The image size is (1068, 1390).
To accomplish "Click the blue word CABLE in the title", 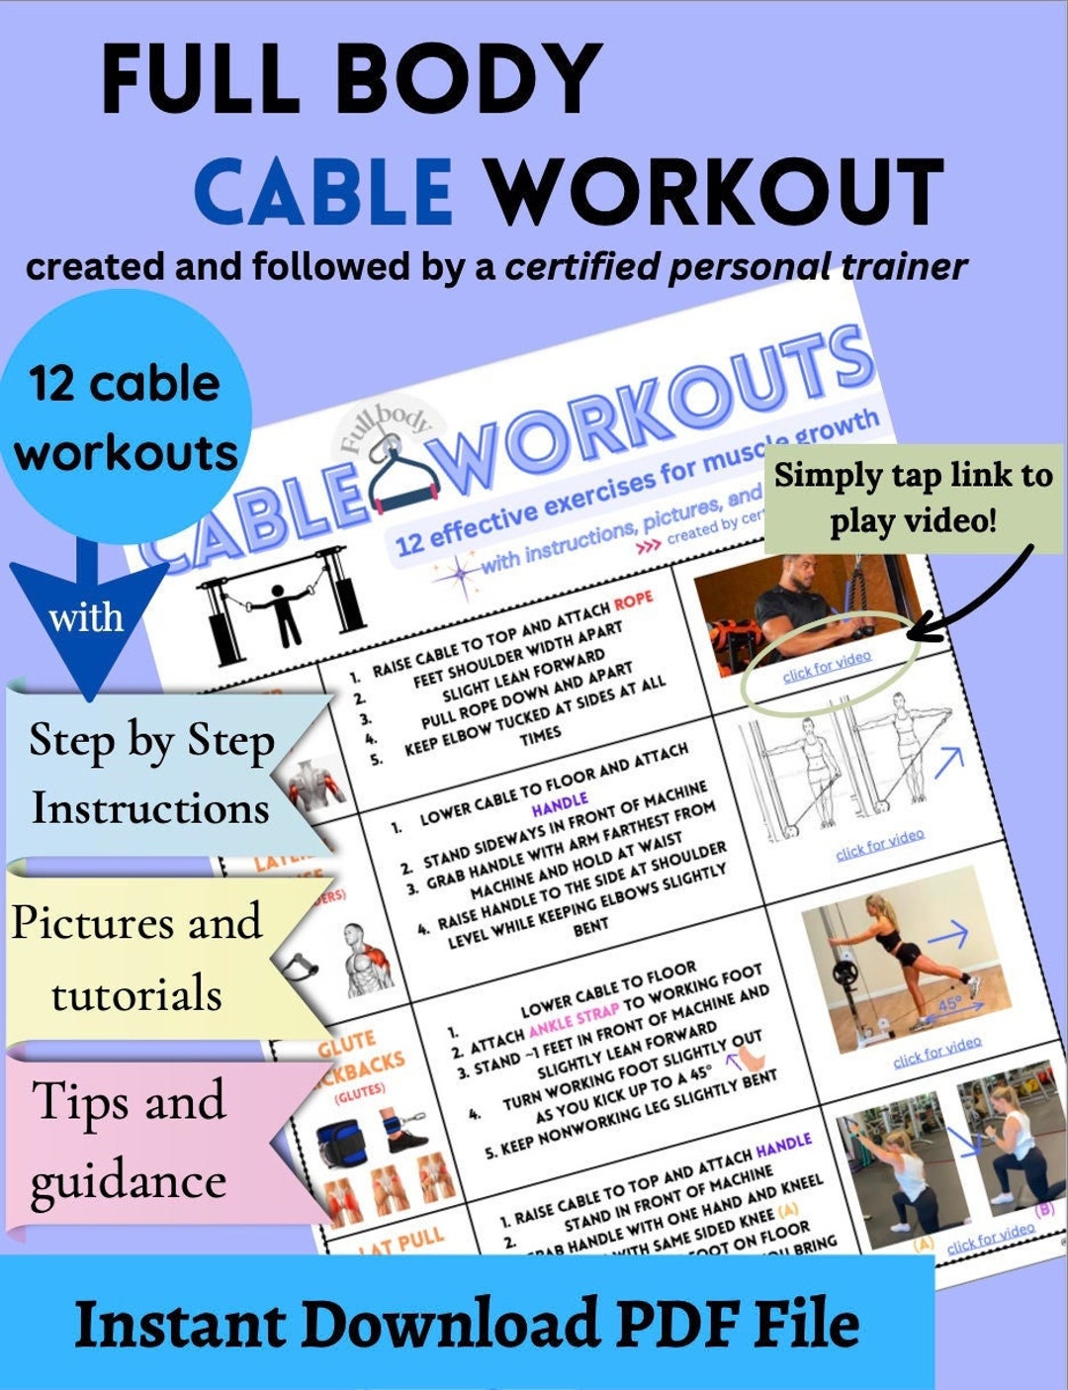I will tap(324, 189).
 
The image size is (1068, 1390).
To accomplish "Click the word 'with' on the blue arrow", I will tap(87, 618).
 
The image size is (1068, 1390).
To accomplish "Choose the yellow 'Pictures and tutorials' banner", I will tap(138, 957).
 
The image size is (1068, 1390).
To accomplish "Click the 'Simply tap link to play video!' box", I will tap(913, 497).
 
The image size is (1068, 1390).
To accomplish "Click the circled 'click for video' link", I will tap(827, 666).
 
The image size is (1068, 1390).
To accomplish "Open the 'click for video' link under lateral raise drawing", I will tap(880, 843).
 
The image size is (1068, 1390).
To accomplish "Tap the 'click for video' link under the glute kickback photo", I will tap(936, 1051).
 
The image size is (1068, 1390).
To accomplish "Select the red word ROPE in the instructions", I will tap(633, 601).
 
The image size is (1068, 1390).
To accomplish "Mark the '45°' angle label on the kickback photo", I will tap(948, 1001).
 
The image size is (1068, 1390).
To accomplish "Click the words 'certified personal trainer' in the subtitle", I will tap(736, 267).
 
